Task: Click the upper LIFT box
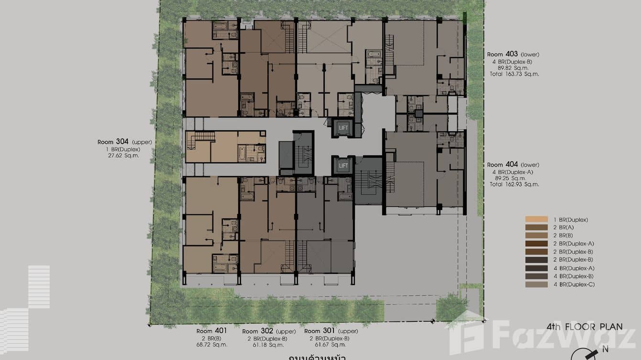coord(343,128)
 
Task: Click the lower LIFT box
coord(343,166)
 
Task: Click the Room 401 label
coord(212,331)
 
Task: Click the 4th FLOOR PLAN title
coord(585,327)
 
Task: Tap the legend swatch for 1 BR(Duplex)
coord(536,220)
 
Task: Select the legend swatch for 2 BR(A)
coord(536,228)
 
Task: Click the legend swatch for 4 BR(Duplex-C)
coord(536,285)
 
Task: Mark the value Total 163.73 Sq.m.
coord(513,74)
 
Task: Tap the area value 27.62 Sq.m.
coord(124,156)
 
